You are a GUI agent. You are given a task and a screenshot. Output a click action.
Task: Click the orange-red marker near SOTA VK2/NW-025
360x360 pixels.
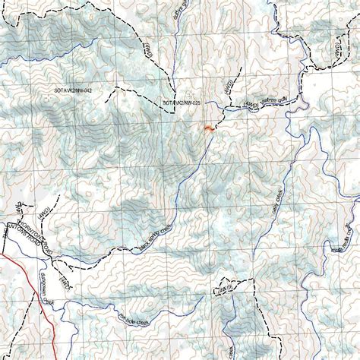[207, 130]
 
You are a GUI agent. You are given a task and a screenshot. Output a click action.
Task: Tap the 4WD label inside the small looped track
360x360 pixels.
[226, 288]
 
